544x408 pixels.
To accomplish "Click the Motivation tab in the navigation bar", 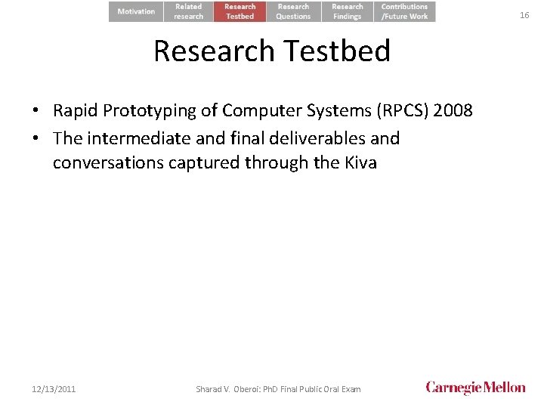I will (136, 11).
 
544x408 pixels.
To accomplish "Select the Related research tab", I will (189, 11).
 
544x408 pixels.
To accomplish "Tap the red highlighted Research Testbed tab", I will (240, 11).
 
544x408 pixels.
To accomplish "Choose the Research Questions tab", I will (293, 11).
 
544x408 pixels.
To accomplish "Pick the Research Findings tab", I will (348, 11).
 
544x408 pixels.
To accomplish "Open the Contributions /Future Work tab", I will (404, 11).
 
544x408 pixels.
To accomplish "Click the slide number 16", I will (524, 15).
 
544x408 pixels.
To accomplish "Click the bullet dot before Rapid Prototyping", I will (36, 112).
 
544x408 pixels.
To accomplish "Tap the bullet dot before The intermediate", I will (36, 139).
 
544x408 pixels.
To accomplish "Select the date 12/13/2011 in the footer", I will (54, 389).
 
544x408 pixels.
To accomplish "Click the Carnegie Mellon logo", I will (475, 388).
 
